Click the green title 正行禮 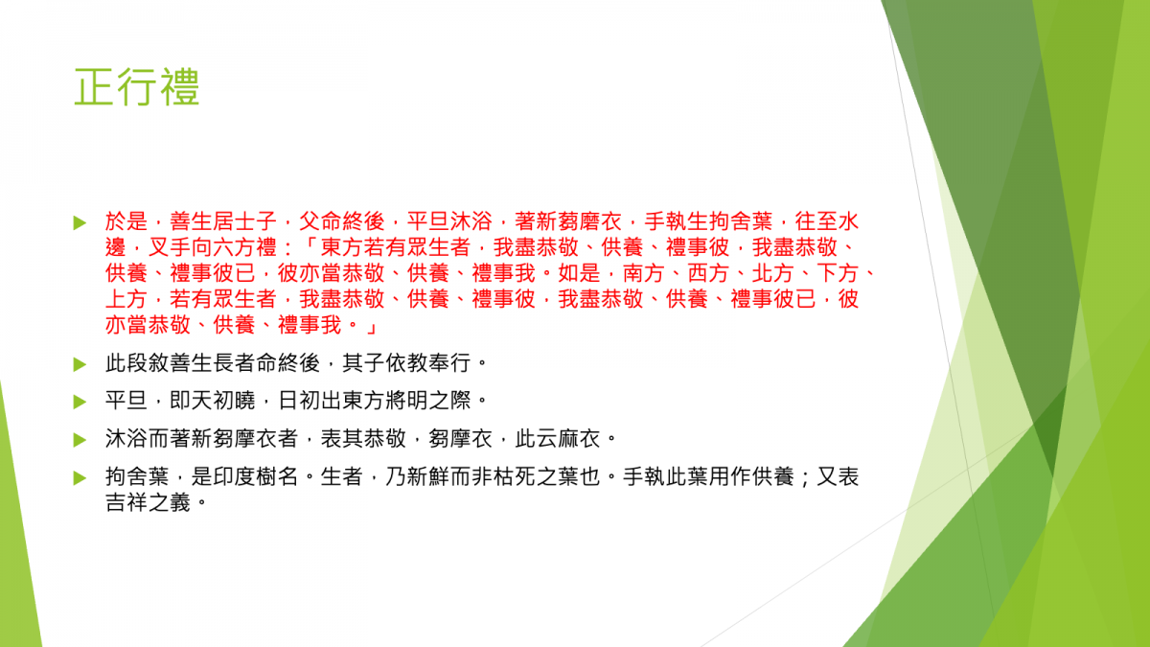(136, 87)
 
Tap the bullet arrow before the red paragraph (80, 222)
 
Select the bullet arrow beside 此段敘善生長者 (80, 364)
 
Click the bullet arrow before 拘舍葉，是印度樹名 (80, 478)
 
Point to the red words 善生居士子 (223, 221)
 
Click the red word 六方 (234, 247)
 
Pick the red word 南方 (644, 273)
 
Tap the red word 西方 (708, 273)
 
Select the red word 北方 (773, 273)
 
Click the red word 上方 (126, 299)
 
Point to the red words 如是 (579, 273)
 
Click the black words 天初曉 (223, 401)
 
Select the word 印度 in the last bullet (234, 477)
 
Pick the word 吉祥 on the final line (126, 502)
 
